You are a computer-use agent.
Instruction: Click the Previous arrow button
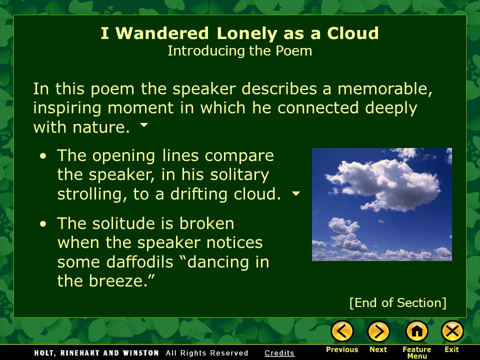[342, 331]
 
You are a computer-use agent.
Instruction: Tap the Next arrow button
[378, 331]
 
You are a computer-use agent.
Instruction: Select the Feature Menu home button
[416, 331]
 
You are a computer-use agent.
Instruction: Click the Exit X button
[452, 331]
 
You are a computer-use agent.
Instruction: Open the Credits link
[279, 353]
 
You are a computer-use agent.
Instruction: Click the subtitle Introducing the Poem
[239, 51]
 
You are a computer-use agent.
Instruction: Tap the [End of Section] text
[397, 302]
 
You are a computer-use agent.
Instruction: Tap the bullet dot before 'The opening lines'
[44, 156]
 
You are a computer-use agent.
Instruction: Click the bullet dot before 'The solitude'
[44, 224]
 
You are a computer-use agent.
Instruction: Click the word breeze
[116, 281]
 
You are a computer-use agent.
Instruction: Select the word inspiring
[69, 108]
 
